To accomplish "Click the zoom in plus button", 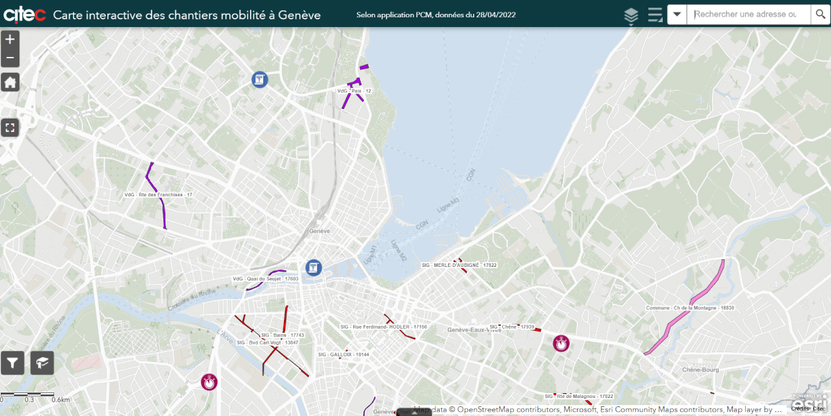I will click(10, 40).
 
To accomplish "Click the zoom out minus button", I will click(10, 58).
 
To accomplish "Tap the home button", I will click(10, 83).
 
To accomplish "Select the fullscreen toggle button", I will click(10, 128).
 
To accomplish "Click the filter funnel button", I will click(12, 362).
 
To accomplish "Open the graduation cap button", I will click(42, 362).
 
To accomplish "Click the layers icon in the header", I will click(631, 15).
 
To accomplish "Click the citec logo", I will click(24, 15).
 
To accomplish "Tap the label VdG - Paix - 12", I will click(355, 91).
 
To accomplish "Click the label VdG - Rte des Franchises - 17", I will click(158, 195).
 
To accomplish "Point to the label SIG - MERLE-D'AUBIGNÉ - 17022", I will click(459, 266).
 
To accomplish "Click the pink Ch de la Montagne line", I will click(706, 288).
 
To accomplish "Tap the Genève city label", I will click(319, 231).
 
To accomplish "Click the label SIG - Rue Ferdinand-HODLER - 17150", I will click(383, 327).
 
